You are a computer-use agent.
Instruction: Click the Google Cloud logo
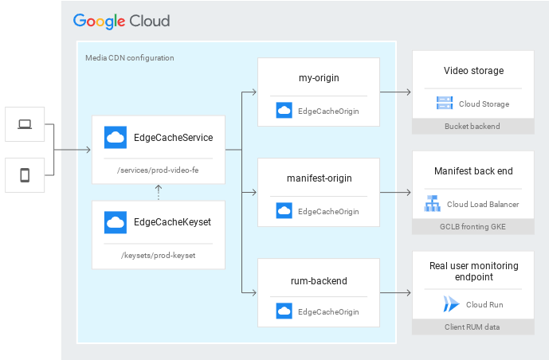click(x=121, y=21)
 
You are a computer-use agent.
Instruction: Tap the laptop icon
click(x=25, y=124)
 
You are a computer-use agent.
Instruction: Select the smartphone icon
click(x=25, y=175)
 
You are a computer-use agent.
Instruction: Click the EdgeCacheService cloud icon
click(x=116, y=138)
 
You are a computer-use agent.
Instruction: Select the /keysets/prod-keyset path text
click(x=158, y=256)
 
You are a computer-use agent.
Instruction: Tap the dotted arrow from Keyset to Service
click(x=158, y=192)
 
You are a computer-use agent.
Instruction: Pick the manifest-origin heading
click(x=319, y=178)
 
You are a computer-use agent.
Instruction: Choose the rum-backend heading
click(x=318, y=280)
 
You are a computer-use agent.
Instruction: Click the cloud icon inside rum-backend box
click(x=284, y=311)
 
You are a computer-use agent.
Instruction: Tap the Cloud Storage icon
click(x=444, y=104)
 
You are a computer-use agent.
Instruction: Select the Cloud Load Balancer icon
click(x=433, y=204)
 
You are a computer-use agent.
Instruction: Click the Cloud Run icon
click(x=452, y=304)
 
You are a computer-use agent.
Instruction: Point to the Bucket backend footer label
click(x=473, y=126)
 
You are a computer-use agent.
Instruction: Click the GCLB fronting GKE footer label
click(x=473, y=227)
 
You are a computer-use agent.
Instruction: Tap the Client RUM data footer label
click(x=473, y=327)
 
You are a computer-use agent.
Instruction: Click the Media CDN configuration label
click(x=129, y=58)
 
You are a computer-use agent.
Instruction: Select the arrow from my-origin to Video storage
click(x=394, y=92)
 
